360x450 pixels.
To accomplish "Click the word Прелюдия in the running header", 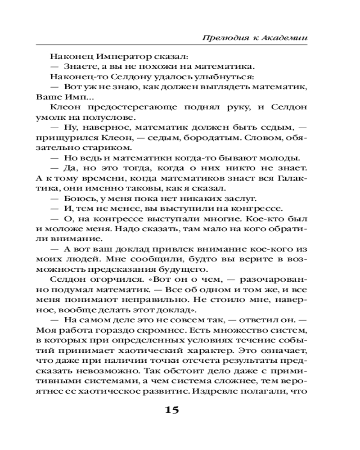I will click(223, 37).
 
